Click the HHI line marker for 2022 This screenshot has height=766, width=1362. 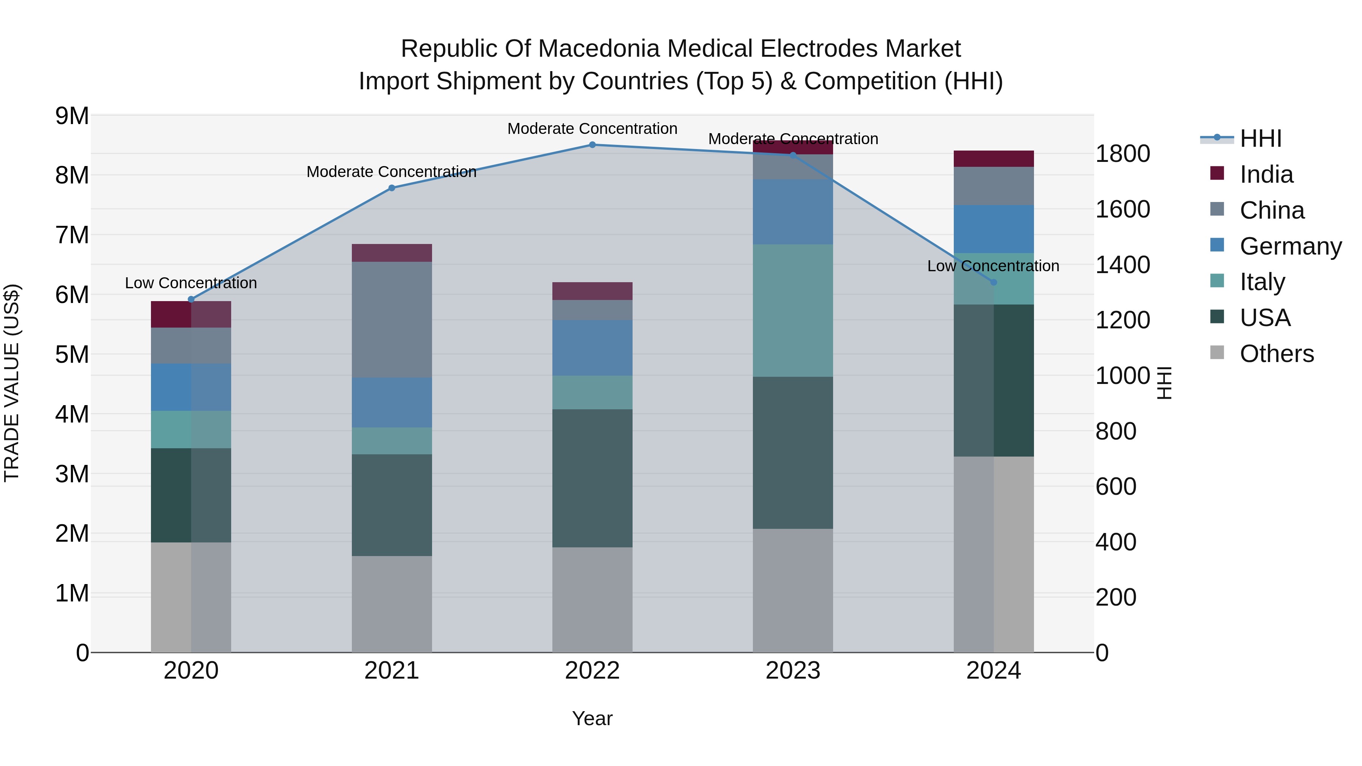tap(592, 145)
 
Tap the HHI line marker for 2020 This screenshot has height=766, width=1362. tap(191, 299)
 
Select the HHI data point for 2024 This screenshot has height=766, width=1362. tap(994, 282)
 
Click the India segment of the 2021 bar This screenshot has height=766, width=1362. tap(392, 253)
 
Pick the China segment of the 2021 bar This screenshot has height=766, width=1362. tap(392, 319)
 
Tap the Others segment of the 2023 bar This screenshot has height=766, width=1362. tap(793, 590)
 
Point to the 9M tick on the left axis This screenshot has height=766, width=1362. tap(72, 116)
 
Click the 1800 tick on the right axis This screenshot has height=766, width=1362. tap(1122, 154)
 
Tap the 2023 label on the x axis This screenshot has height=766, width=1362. tap(793, 671)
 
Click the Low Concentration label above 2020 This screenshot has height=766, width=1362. tap(191, 283)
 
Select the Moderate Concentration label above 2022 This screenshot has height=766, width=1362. tap(592, 129)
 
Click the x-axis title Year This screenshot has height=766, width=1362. tap(592, 718)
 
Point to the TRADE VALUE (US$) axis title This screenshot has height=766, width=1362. tap(12, 383)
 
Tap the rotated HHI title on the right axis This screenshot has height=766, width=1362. tap(1164, 383)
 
